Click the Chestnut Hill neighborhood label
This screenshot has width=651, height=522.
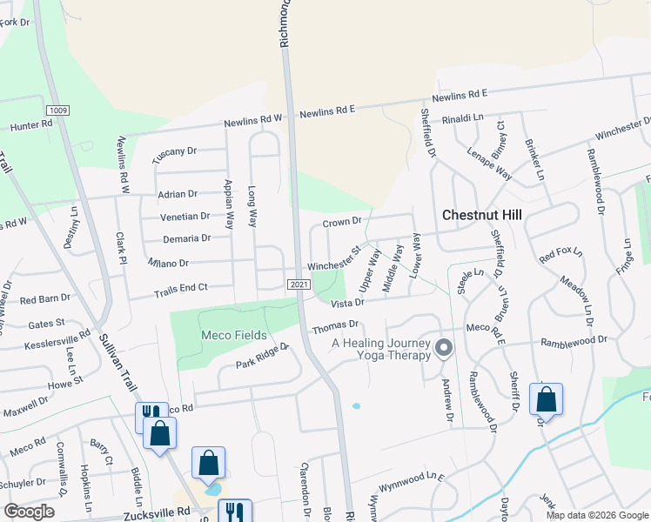(481, 214)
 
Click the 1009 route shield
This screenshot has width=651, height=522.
(59, 110)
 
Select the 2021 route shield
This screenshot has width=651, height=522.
(298, 284)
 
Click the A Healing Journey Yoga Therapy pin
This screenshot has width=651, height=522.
(445, 349)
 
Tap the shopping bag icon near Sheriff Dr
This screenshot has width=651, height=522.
(546, 399)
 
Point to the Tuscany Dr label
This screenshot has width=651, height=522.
(174, 152)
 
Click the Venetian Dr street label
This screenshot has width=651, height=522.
(185, 217)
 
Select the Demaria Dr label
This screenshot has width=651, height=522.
(186, 238)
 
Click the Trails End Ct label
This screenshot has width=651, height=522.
(181, 288)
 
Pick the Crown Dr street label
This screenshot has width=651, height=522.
(341, 223)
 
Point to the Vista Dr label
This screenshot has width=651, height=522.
(346, 302)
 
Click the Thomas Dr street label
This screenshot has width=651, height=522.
(335, 326)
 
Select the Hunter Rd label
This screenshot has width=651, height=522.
(30, 125)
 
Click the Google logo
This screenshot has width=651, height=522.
(29, 512)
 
